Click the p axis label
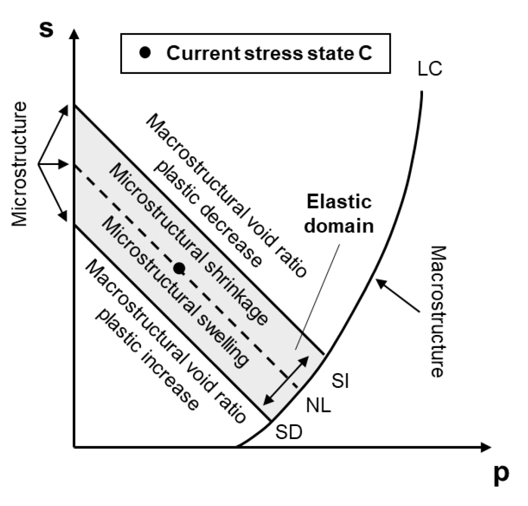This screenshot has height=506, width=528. tap(500, 476)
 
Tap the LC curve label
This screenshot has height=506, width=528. tap(430, 69)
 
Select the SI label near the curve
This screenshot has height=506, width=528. tap(341, 382)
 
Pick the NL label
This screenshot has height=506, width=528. tap(319, 406)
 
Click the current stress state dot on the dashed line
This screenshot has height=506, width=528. tap(178, 269)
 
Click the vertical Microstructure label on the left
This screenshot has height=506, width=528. tap(20, 164)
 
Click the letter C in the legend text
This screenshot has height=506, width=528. tap(366, 53)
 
